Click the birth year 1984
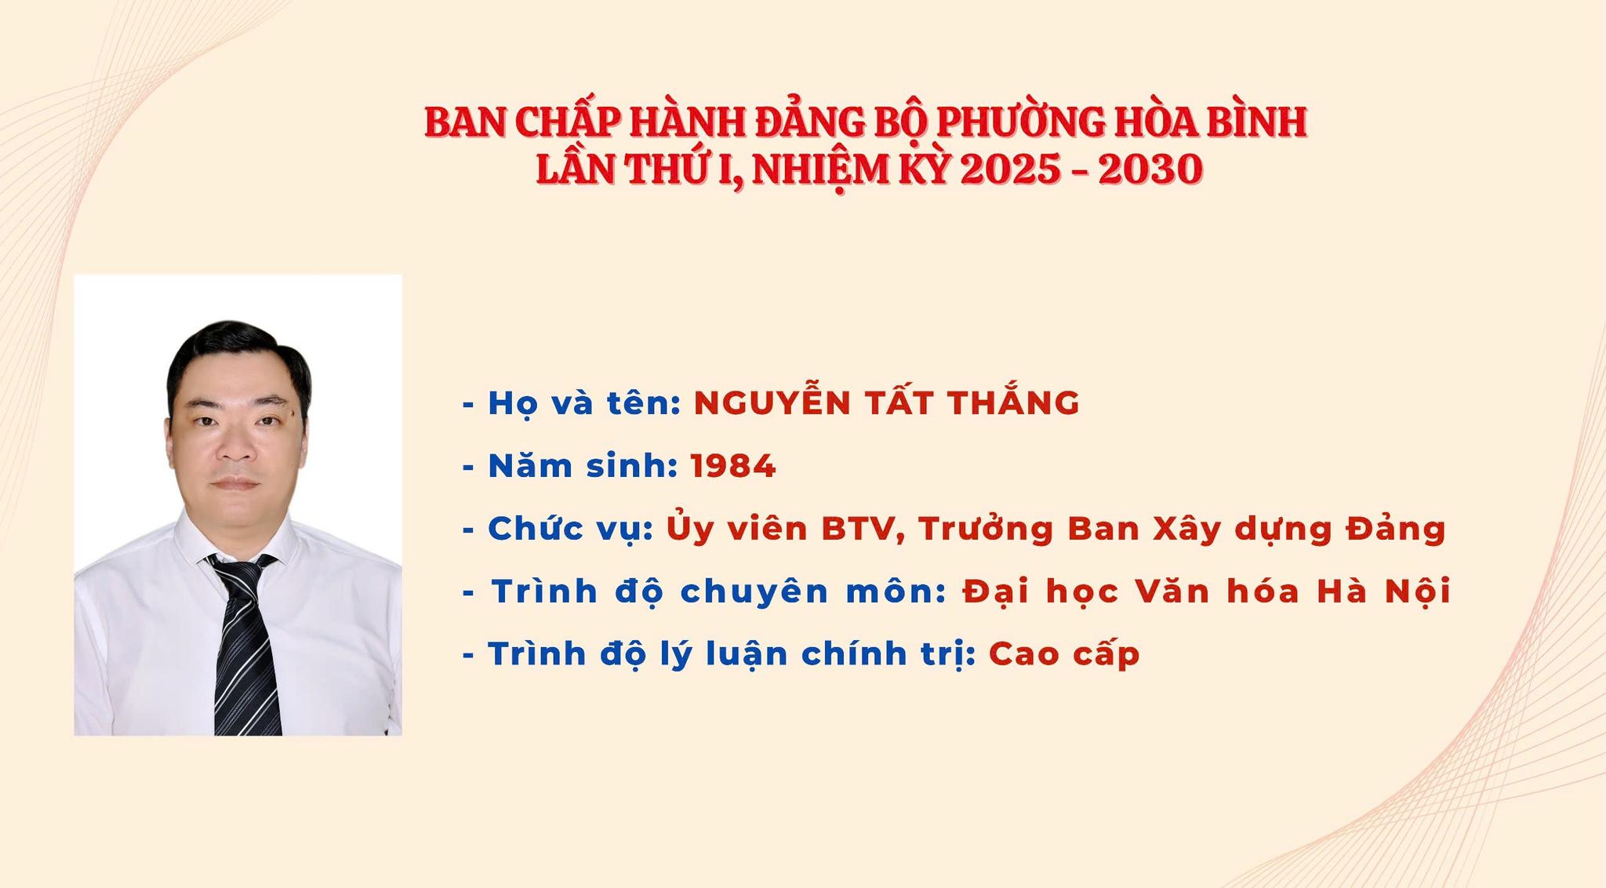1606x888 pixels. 733,466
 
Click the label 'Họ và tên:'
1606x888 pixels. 584,402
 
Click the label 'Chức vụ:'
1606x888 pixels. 571,528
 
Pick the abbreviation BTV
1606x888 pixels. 857,530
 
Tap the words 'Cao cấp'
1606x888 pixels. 1064,654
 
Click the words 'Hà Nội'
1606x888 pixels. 1383,591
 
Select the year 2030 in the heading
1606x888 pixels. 1150,169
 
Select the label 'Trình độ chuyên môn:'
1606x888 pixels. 719,591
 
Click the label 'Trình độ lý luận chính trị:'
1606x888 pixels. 732,654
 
